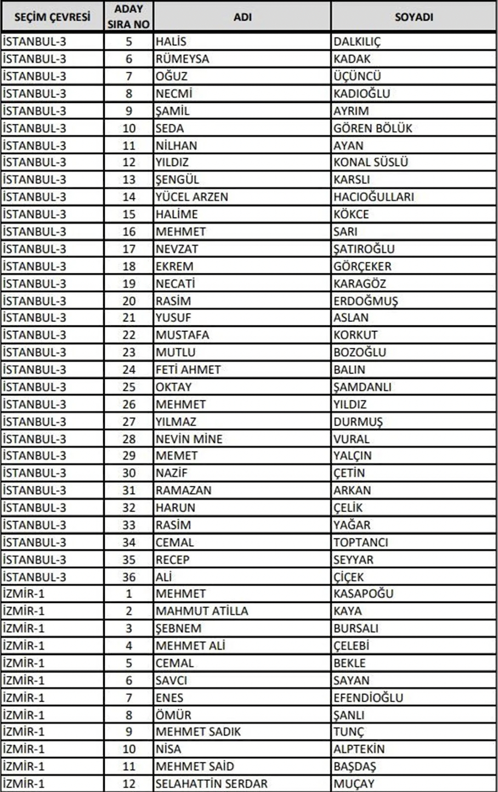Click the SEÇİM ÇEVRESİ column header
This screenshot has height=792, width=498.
(x=52, y=17)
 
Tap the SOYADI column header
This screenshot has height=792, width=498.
(x=414, y=17)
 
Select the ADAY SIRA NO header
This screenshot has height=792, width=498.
(x=128, y=17)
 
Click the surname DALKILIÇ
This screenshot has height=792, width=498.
(x=357, y=42)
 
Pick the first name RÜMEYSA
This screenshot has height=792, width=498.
(x=182, y=59)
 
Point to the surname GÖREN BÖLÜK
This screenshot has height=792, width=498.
(x=373, y=128)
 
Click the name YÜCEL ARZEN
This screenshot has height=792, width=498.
(x=191, y=197)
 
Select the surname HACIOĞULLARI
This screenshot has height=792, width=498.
(x=374, y=197)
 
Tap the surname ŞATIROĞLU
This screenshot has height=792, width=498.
(x=364, y=249)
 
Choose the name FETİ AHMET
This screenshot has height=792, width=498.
(x=188, y=370)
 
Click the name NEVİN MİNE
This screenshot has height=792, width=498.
(x=189, y=439)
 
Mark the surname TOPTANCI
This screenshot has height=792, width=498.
(x=361, y=542)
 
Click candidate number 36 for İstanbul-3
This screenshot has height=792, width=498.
(x=128, y=577)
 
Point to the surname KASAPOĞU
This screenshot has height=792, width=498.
(x=363, y=594)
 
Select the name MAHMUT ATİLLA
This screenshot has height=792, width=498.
(x=202, y=611)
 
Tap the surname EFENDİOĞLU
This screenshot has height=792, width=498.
(x=368, y=698)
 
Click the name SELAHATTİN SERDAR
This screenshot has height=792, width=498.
(x=211, y=784)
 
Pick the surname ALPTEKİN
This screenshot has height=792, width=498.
(x=359, y=749)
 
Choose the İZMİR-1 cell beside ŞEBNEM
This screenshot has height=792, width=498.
(x=24, y=628)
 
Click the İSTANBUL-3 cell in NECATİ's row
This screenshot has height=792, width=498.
(x=34, y=284)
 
